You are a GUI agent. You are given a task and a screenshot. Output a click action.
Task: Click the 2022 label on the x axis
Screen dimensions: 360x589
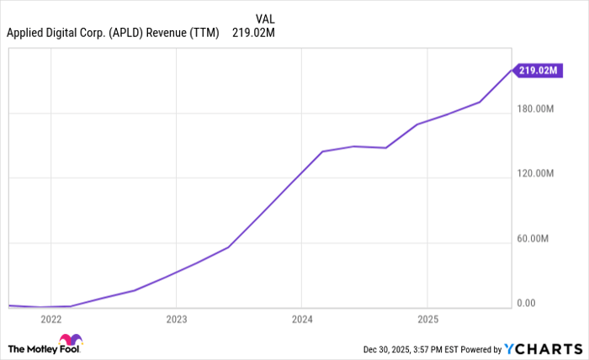[50, 320]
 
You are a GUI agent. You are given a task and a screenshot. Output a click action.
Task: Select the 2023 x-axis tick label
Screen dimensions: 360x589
[176, 320]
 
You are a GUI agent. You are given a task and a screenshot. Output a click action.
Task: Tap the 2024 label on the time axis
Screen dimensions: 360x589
[301, 320]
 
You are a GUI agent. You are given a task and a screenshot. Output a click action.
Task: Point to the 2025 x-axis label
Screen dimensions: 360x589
[427, 320]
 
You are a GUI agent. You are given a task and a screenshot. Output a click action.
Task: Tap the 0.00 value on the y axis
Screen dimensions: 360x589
[526, 304]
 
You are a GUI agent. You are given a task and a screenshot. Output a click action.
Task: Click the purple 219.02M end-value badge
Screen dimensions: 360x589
[539, 71]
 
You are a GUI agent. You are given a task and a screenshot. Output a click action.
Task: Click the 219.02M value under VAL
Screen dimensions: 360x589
[252, 34]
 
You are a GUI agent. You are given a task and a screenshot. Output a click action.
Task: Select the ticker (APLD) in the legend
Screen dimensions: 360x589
[125, 34]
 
